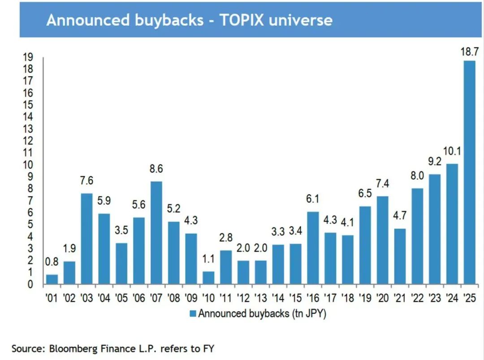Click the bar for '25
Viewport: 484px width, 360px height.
(x=469, y=173)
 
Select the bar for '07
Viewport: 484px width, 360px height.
(x=156, y=233)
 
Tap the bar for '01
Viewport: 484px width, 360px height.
(x=52, y=279)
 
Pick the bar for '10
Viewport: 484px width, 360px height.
(x=208, y=278)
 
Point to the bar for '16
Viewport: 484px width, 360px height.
(x=313, y=248)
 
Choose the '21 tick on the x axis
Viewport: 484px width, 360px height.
(x=400, y=298)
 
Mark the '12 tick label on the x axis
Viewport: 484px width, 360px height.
(x=243, y=298)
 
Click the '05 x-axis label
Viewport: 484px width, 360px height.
(x=121, y=298)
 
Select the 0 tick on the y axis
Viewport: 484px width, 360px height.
(x=30, y=284)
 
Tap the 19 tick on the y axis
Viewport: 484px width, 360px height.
(x=28, y=57)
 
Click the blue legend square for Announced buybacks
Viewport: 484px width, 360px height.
(x=193, y=313)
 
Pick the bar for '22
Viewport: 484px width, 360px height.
(x=417, y=236)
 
